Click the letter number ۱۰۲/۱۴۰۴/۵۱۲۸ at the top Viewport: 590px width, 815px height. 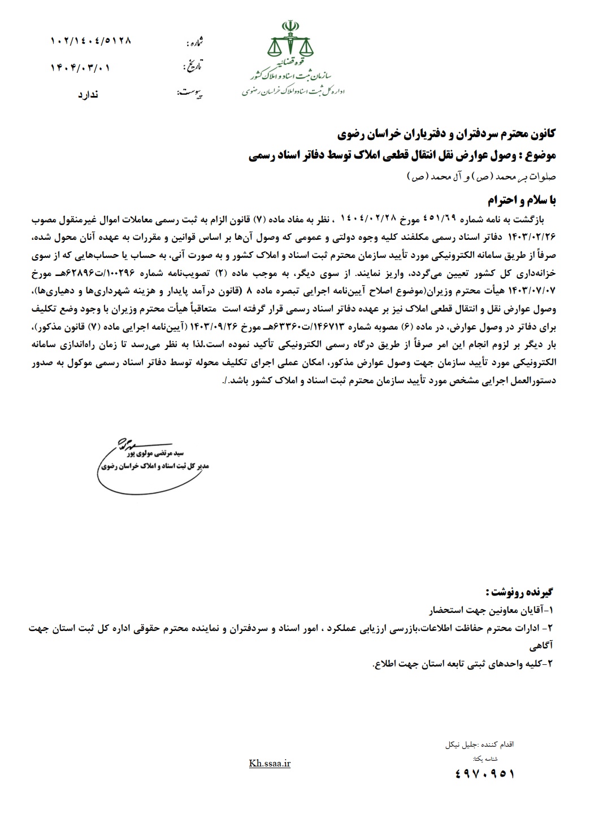(91, 41)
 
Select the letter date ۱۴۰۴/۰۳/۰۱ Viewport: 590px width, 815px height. (80, 68)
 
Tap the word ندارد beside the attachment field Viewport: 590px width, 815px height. (88, 94)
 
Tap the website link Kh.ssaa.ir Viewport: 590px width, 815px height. (269, 764)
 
